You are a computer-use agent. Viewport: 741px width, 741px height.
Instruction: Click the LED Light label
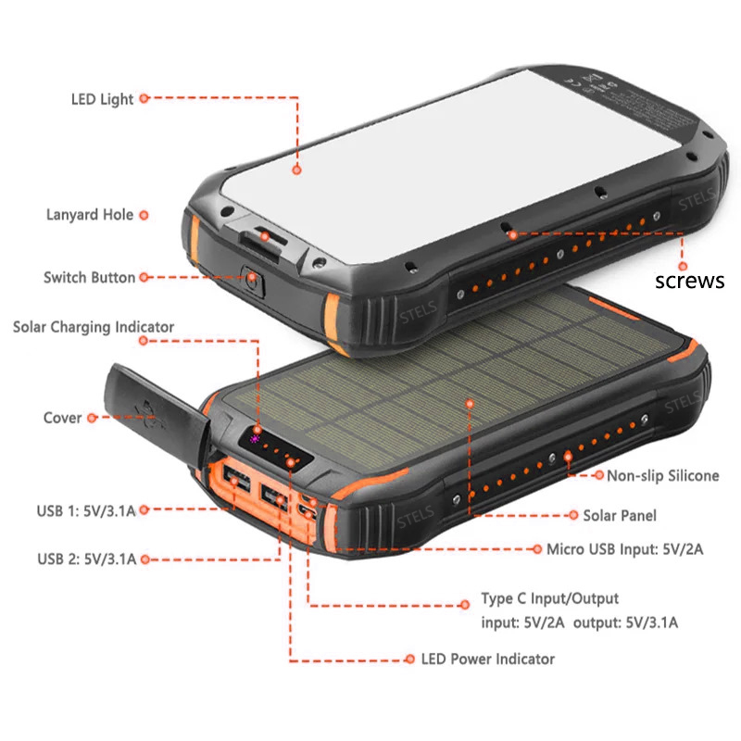(x=102, y=99)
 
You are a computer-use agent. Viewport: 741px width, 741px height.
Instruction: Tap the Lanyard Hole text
(x=90, y=215)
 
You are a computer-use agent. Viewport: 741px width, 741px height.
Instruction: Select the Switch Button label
(x=89, y=277)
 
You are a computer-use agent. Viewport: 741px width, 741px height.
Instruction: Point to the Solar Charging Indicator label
(x=94, y=327)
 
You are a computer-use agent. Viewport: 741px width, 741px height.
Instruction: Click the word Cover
(x=62, y=418)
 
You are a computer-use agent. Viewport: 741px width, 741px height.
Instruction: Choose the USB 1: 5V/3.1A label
(x=86, y=511)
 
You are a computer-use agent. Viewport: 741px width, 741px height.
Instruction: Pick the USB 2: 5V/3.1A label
(x=87, y=559)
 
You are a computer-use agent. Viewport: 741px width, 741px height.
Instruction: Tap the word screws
(x=689, y=281)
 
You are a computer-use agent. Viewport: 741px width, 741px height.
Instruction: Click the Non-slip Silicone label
(x=662, y=475)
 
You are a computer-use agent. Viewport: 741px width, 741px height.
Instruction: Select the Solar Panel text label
(x=620, y=515)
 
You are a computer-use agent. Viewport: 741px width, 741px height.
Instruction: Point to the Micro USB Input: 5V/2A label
(x=624, y=549)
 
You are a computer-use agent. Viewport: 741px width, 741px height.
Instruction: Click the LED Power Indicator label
(x=488, y=659)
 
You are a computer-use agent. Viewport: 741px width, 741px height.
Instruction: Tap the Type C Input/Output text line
(x=549, y=598)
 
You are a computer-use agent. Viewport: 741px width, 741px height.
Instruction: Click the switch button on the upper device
(x=253, y=281)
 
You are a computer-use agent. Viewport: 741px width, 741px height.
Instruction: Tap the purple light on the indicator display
(x=255, y=439)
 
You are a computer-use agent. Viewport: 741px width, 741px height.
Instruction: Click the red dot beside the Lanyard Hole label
(x=144, y=215)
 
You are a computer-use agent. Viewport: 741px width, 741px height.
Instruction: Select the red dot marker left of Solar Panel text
(x=573, y=515)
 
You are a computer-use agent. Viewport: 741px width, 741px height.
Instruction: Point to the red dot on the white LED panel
(x=296, y=170)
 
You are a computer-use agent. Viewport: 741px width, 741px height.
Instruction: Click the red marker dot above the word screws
(x=683, y=266)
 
